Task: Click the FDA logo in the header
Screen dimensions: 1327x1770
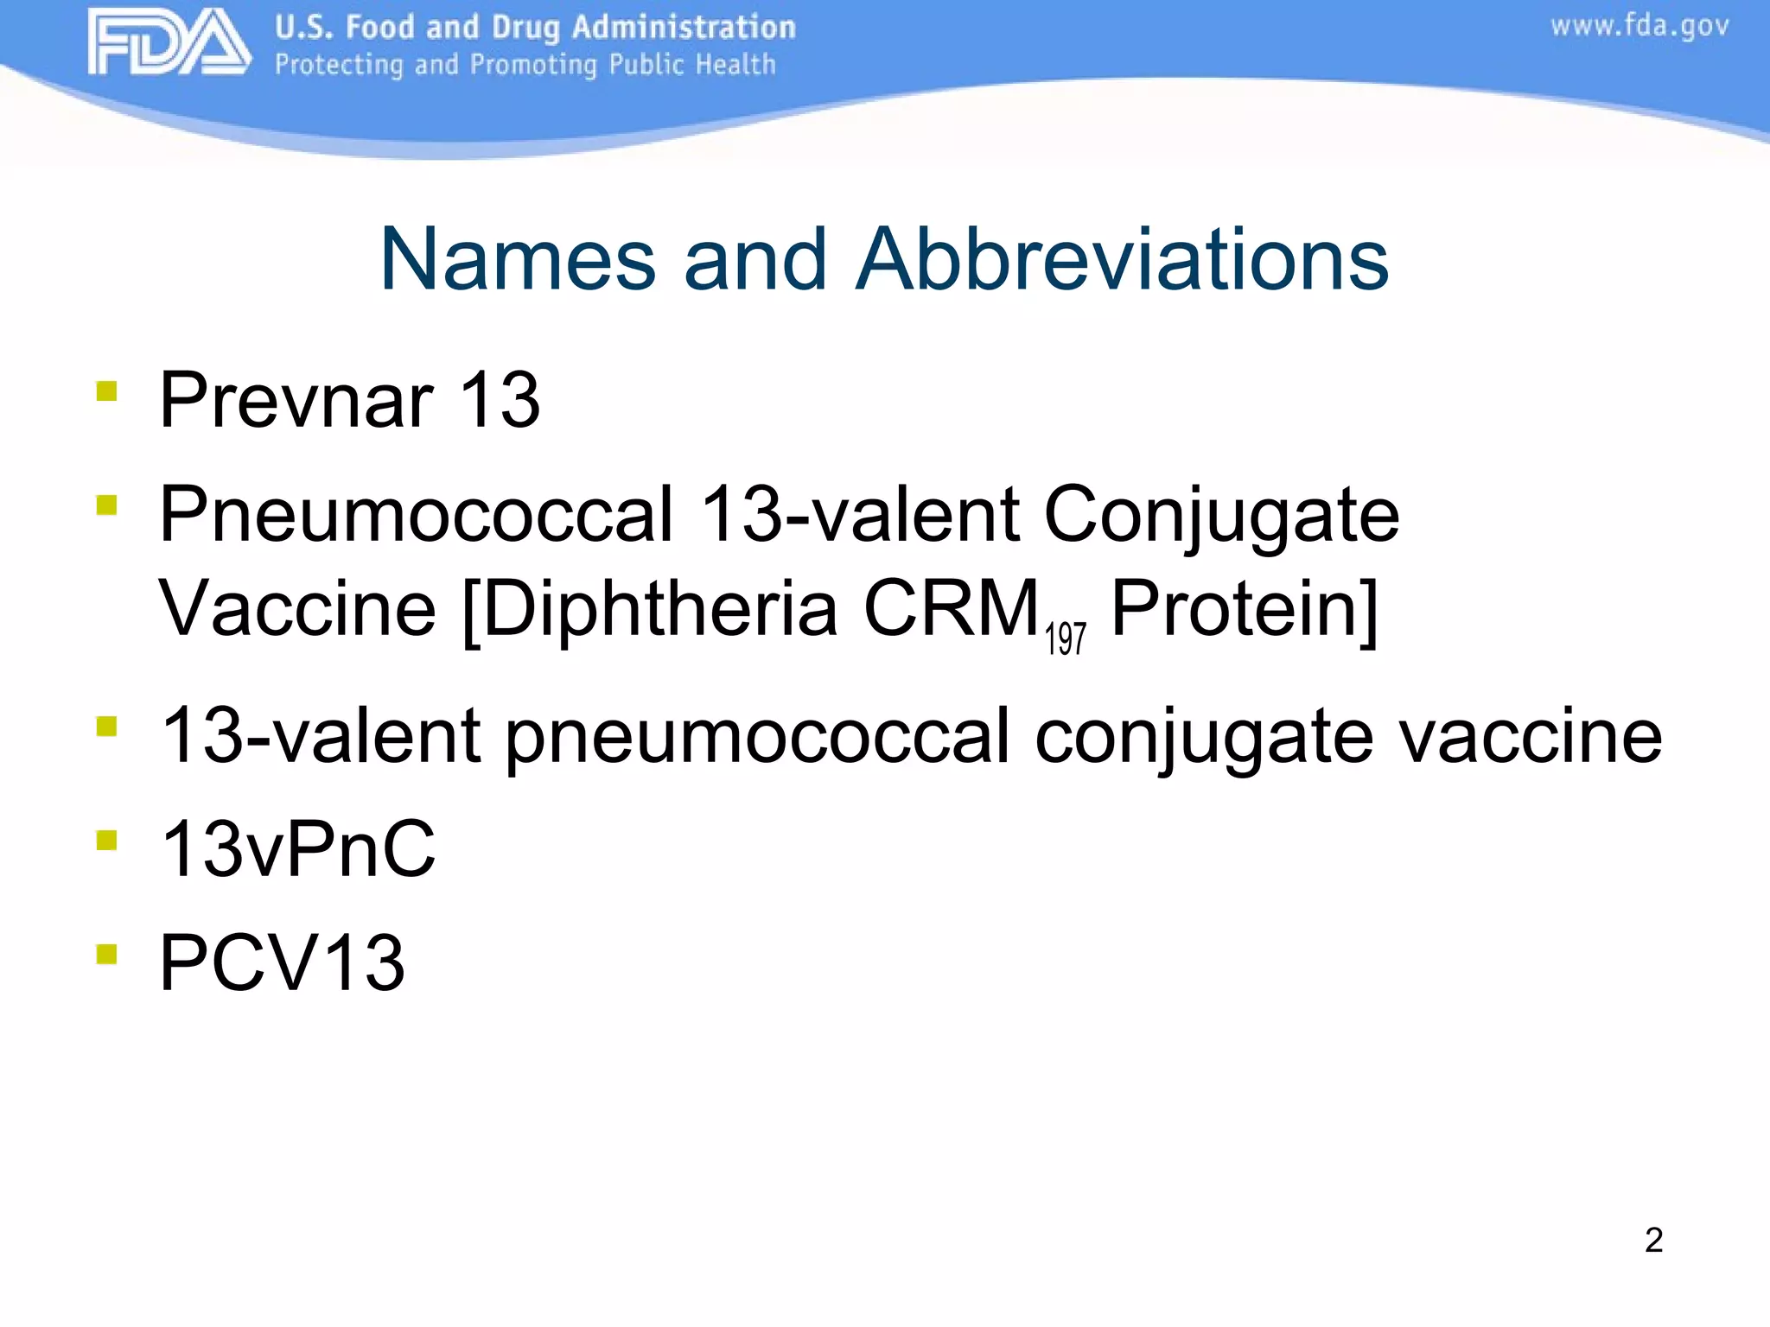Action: (x=169, y=43)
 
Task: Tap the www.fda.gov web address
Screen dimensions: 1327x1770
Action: (x=1639, y=27)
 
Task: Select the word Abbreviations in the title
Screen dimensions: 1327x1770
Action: (x=1122, y=259)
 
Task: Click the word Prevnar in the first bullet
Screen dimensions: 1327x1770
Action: (x=296, y=400)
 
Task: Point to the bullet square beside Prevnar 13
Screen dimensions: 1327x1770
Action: (x=106, y=391)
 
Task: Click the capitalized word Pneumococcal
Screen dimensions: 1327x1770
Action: (x=416, y=515)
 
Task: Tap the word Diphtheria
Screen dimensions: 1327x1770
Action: (x=659, y=609)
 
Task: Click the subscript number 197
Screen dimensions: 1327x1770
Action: (x=1065, y=639)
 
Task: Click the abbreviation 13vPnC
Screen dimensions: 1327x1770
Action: (x=298, y=850)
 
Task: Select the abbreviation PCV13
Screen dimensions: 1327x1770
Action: (x=282, y=963)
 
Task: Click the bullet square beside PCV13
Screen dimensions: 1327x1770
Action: (x=106, y=954)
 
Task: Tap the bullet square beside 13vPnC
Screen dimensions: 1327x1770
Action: (x=106, y=840)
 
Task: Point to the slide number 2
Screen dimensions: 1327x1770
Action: (x=1653, y=1241)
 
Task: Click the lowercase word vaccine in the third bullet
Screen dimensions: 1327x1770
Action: (x=1530, y=736)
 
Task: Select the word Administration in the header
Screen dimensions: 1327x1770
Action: (x=683, y=28)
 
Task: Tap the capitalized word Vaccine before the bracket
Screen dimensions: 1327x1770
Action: (x=297, y=608)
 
